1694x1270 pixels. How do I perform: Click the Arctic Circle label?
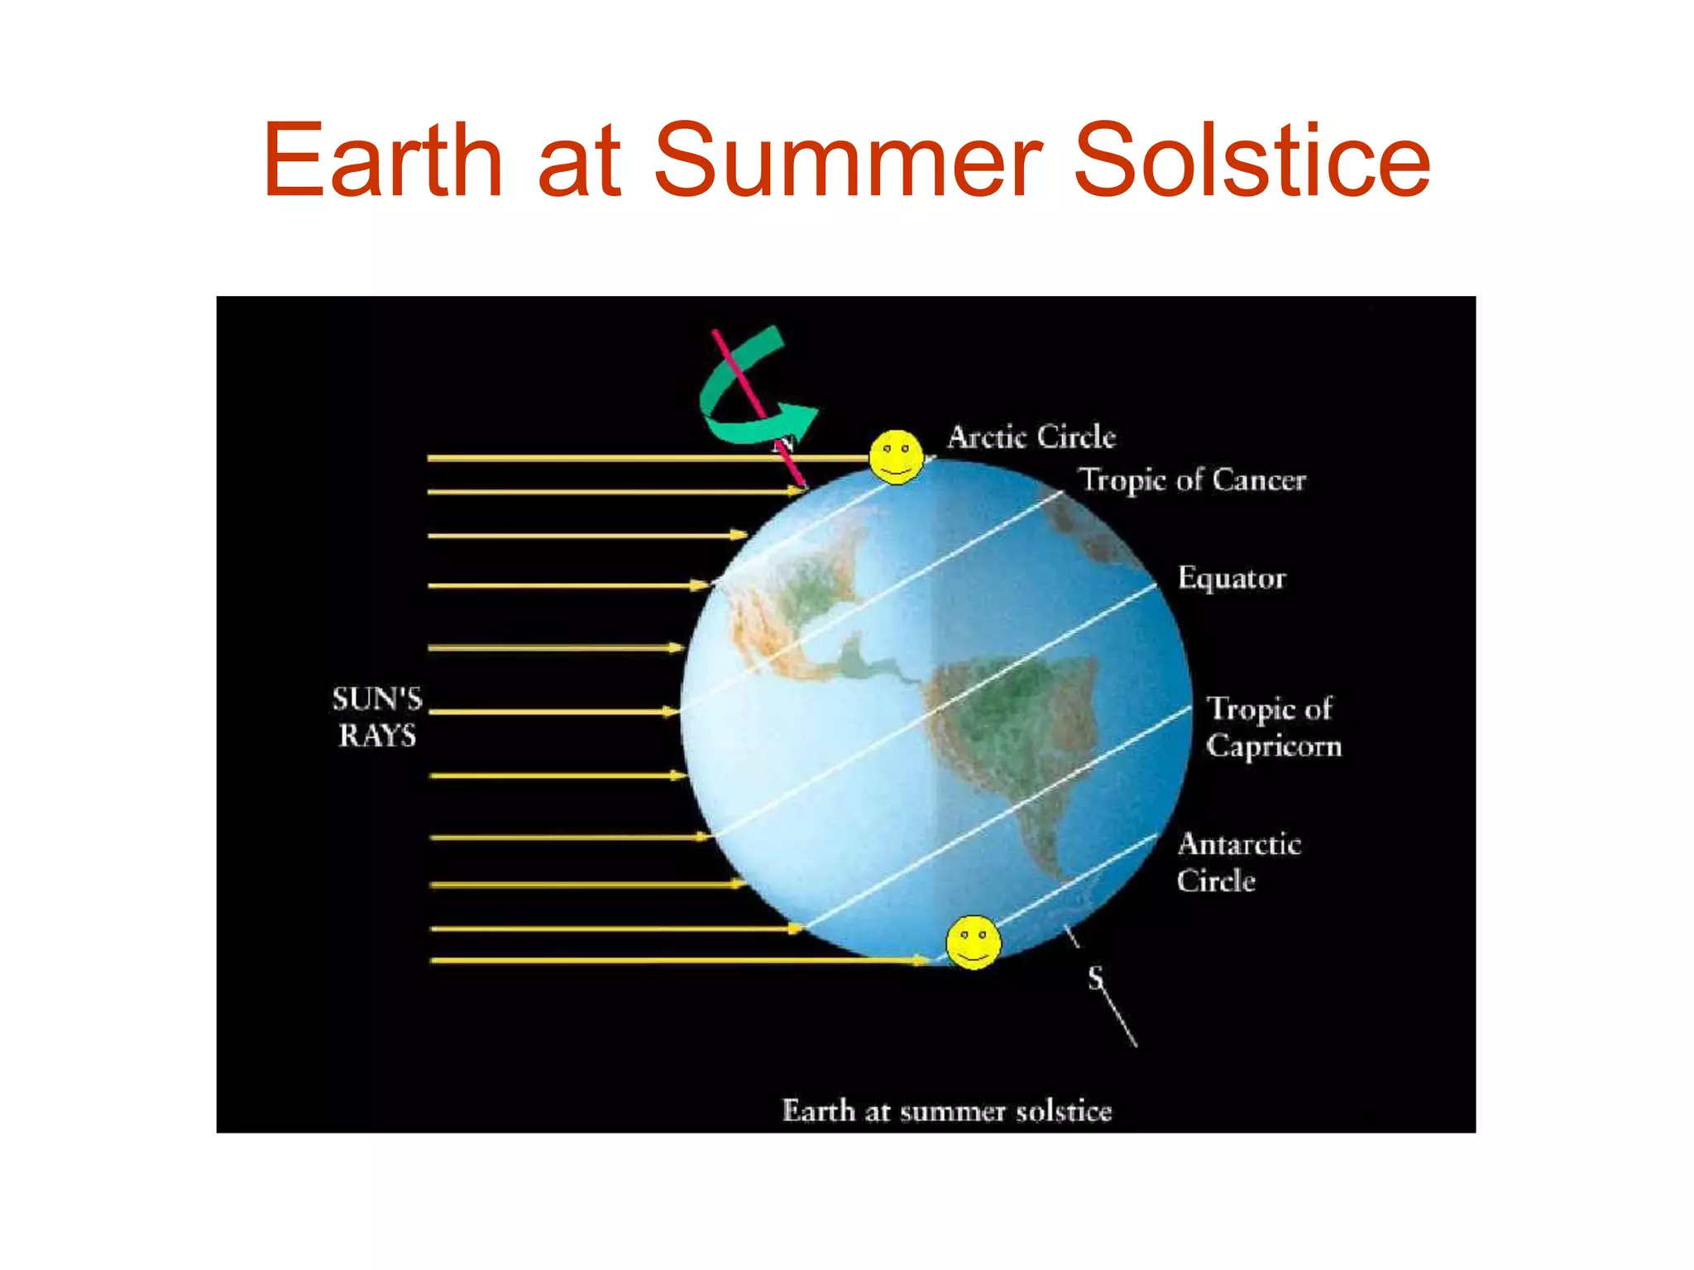[1031, 436]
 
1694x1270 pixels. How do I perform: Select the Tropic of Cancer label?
[1192, 480]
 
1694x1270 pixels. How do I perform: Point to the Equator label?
[1231, 578]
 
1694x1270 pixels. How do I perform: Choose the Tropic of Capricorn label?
[1272, 727]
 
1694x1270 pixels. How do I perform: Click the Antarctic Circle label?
[1238, 862]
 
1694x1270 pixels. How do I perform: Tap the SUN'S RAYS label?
[377, 716]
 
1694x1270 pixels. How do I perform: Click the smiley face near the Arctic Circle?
[896, 456]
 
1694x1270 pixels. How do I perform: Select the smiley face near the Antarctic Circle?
[973, 942]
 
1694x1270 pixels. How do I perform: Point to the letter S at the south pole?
[1095, 978]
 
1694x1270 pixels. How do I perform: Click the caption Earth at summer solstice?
[946, 1110]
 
